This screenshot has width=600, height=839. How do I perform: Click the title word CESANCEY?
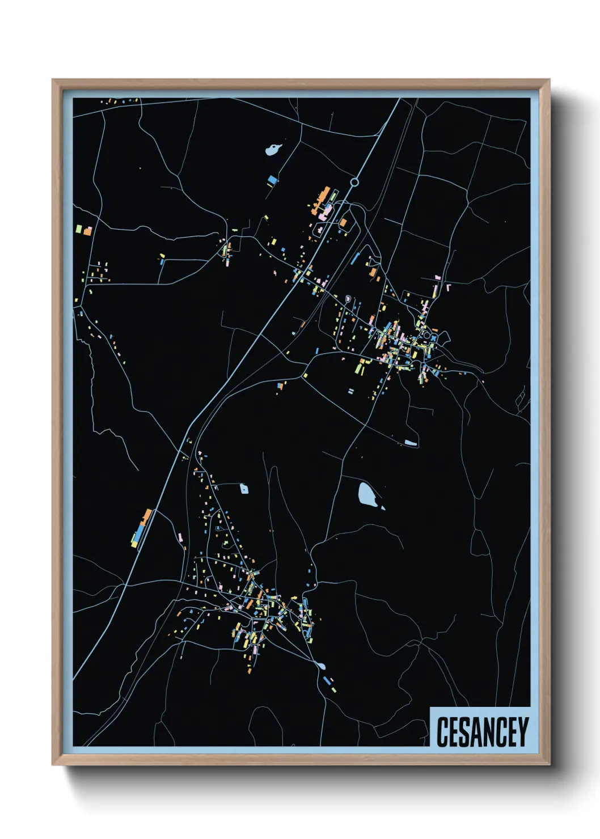(x=482, y=732)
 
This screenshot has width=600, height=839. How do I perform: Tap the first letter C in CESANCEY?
(x=442, y=732)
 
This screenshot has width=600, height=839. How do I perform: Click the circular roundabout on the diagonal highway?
(x=354, y=182)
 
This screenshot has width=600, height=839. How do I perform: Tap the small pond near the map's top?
(x=273, y=150)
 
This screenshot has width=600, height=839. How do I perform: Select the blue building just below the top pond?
(x=273, y=180)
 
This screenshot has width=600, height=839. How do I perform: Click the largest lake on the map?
(x=367, y=495)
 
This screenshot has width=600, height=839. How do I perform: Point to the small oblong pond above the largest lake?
(x=411, y=443)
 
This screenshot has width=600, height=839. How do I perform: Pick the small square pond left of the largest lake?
(x=244, y=489)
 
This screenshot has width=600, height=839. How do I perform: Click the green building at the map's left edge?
(x=79, y=229)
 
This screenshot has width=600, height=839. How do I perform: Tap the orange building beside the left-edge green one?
(x=87, y=231)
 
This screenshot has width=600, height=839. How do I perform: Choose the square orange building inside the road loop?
(x=343, y=222)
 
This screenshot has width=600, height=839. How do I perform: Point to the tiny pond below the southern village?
(x=322, y=666)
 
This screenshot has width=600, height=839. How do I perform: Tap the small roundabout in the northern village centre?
(x=427, y=336)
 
